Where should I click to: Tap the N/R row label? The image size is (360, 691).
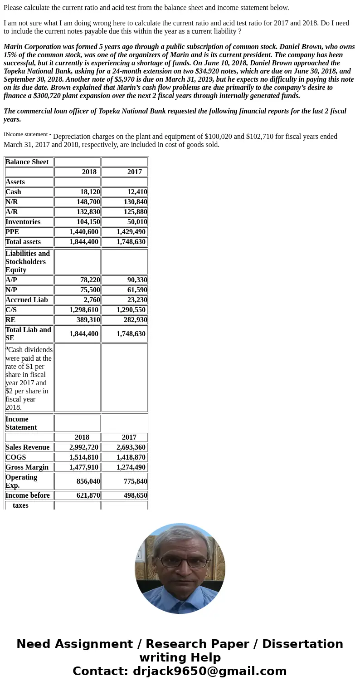(x=12, y=202)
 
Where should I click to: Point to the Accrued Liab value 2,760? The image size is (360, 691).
(x=92, y=300)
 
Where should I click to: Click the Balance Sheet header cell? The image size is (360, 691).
(x=27, y=162)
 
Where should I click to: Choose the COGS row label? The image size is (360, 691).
(x=16, y=457)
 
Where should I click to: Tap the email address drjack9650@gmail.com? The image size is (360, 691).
(x=209, y=671)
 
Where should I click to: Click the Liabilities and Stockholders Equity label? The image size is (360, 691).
(x=28, y=262)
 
